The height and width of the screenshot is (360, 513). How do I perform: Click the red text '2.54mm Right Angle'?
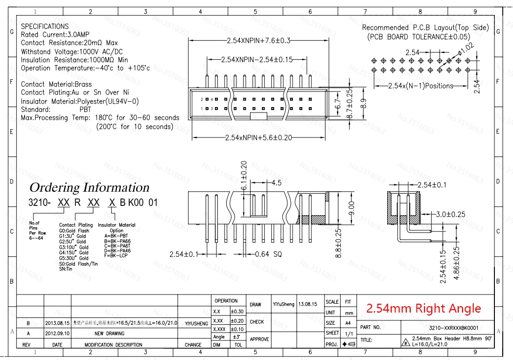(x=423, y=309)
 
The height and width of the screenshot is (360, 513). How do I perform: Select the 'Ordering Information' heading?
(x=89, y=187)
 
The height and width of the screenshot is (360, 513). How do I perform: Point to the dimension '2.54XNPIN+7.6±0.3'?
(x=259, y=40)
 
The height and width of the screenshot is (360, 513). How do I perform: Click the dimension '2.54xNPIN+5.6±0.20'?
(x=258, y=137)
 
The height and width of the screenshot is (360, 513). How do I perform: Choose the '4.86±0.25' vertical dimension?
(x=457, y=263)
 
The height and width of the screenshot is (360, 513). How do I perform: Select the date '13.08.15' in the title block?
(x=308, y=304)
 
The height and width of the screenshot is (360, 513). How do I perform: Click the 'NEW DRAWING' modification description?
(x=109, y=334)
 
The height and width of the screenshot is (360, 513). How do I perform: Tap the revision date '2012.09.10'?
(x=57, y=334)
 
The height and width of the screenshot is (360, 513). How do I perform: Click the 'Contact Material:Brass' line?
(x=56, y=84)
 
